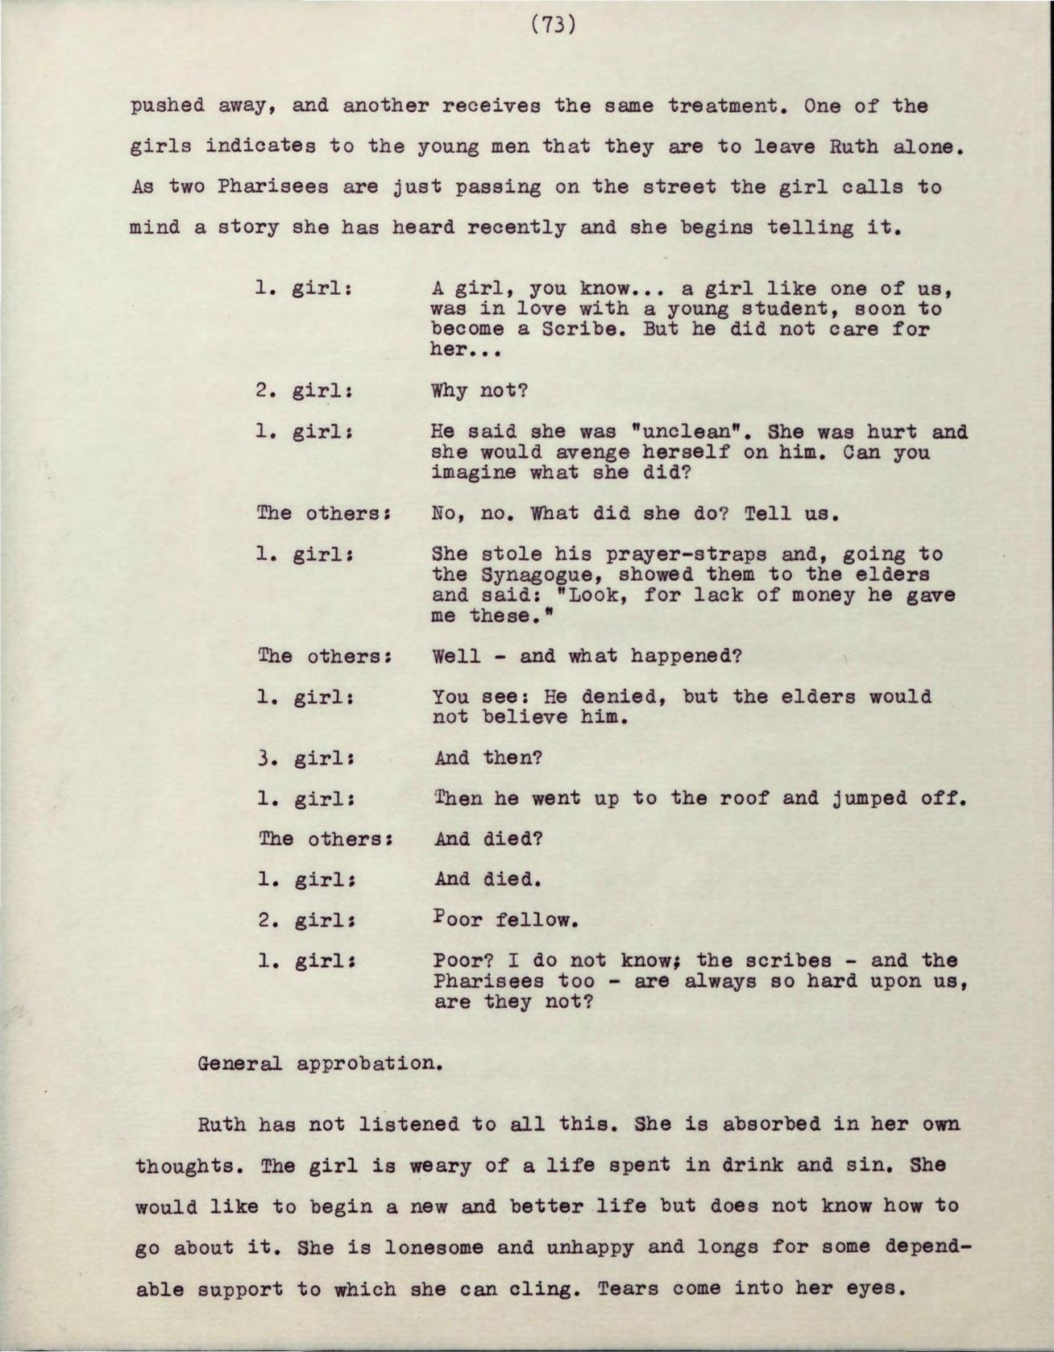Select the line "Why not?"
(479, 392)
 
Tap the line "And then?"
(488, 758)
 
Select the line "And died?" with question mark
(488, 839)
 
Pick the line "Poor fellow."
(505, 919)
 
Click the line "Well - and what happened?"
(586, 656)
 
